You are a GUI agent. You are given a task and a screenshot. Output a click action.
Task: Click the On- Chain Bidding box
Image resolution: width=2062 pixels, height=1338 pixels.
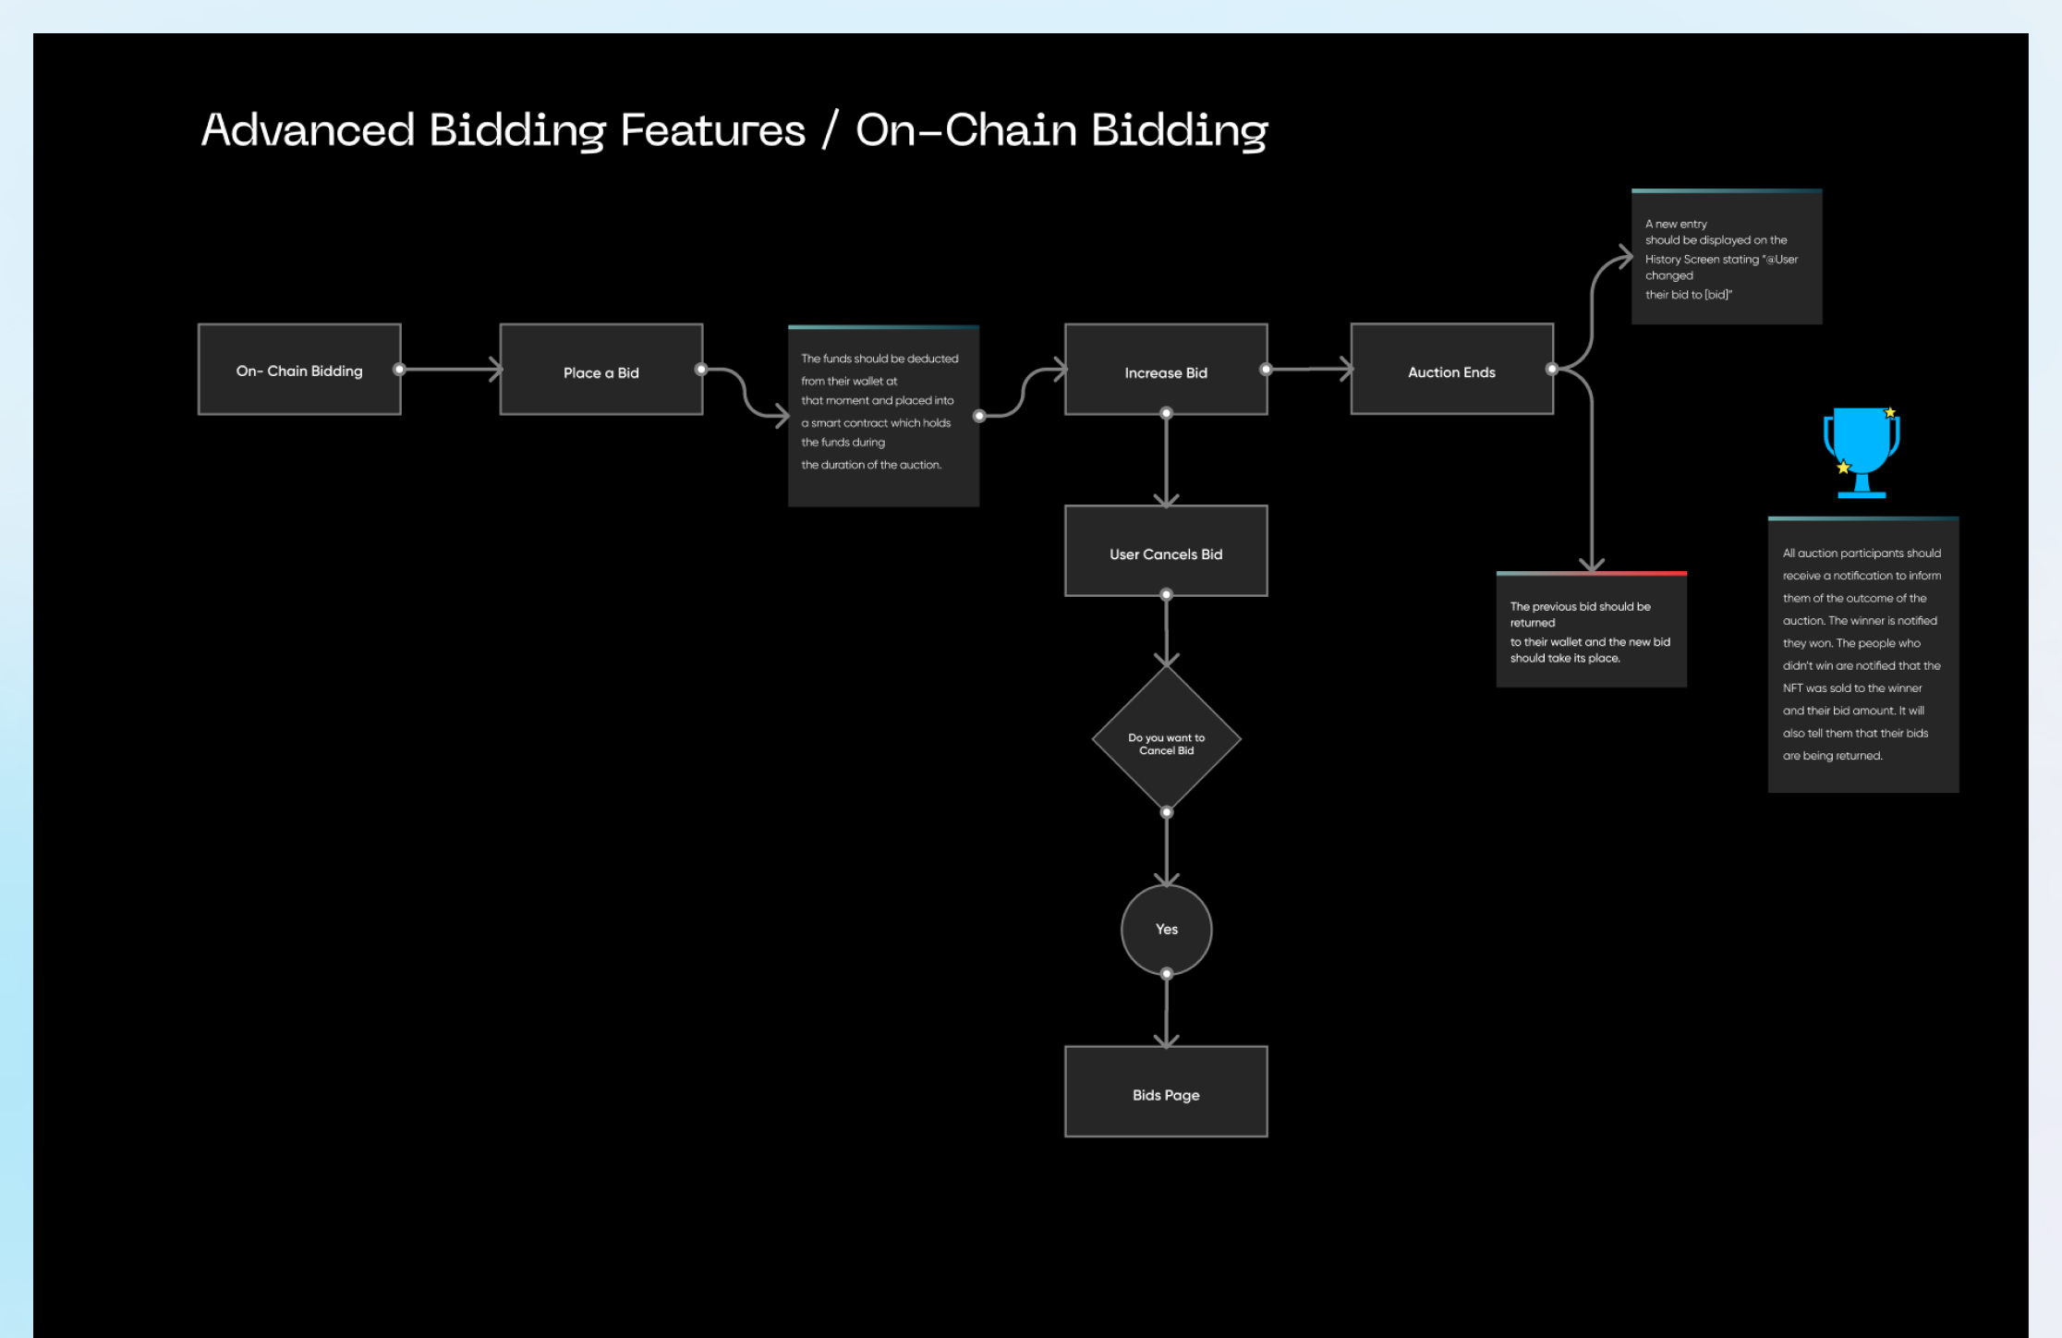299,370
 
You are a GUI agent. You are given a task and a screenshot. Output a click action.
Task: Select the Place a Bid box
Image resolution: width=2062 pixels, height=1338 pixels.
600,370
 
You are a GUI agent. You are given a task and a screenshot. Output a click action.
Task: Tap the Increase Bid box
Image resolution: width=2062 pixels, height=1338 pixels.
1166,370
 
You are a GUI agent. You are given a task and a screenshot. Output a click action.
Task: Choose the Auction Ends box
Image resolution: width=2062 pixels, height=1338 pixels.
1451,370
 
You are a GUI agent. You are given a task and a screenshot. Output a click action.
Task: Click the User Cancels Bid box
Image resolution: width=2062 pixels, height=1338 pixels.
1166,552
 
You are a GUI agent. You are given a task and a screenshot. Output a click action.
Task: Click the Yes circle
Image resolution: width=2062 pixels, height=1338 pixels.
1166,929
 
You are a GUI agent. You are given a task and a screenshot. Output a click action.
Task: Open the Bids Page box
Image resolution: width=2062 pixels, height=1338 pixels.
1166,1092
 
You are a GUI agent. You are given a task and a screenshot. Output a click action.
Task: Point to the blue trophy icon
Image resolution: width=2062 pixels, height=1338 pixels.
1861,451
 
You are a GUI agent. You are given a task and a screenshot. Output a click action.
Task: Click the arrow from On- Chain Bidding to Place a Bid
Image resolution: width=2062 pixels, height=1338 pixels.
451,370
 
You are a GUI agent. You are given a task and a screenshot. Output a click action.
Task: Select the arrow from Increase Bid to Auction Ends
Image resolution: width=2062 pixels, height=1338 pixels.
1309,370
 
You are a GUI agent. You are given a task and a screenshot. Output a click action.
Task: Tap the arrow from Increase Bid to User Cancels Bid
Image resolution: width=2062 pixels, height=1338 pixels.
1166,459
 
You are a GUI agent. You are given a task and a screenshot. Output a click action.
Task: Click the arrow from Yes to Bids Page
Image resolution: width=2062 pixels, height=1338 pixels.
1166,1010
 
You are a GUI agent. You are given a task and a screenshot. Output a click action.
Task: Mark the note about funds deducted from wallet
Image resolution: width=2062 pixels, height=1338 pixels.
883,416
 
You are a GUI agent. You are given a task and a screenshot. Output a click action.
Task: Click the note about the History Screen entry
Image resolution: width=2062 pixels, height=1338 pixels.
1726,258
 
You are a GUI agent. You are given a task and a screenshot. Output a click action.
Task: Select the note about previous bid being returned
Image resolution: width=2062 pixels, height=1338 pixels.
1591,630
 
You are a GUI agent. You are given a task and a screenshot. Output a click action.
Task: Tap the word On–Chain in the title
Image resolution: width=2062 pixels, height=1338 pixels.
965,129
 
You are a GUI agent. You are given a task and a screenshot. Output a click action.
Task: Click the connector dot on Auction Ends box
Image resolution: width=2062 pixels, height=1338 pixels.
1552,370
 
